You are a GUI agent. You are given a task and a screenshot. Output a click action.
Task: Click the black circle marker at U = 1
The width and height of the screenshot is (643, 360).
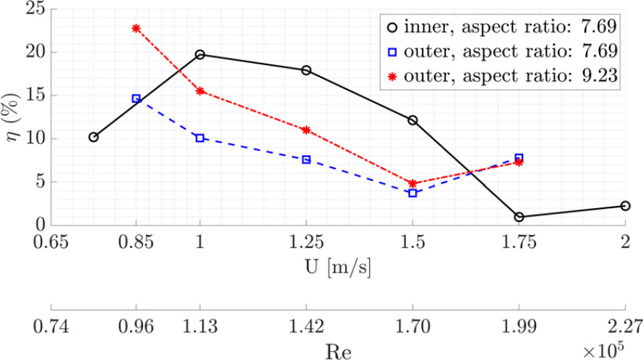[x=200, y=55]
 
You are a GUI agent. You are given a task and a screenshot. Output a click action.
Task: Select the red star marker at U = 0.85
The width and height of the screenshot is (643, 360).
[x=137, y=28]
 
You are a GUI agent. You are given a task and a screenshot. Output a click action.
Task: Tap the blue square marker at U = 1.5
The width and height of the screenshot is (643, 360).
[x=413, y=193]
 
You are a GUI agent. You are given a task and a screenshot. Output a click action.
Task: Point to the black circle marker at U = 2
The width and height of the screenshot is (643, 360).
[x=625, y=206]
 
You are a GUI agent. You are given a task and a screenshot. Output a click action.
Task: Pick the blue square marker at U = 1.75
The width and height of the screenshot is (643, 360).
[x=519, y=158]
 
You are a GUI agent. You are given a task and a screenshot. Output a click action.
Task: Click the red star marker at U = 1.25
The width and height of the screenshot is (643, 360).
[x=306, y=130]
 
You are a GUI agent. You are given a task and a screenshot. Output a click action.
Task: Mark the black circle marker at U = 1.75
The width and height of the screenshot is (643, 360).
[x=519, y=217]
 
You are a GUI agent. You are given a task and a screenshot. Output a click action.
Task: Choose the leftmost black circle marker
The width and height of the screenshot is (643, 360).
[x=94, y=137]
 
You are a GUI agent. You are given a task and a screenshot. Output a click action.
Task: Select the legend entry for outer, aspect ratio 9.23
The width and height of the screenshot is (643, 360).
[x=500, y=76]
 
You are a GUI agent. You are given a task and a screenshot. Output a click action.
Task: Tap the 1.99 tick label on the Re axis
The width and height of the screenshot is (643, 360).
[x=519, y=326]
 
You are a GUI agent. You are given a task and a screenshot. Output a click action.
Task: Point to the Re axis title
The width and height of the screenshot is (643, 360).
[x=338, y=351]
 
